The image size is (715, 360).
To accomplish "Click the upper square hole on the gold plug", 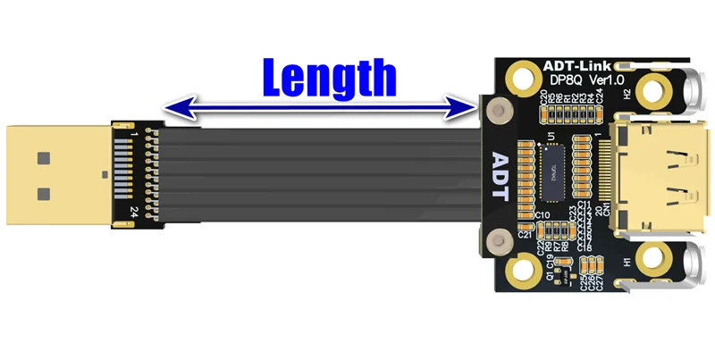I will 41,159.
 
